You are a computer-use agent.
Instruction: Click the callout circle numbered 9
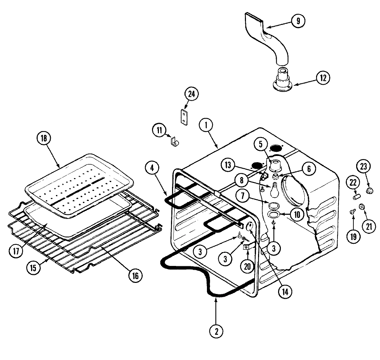298,21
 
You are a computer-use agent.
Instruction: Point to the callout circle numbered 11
159,130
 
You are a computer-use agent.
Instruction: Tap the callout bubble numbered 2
216,331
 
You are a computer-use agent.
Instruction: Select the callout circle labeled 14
284,291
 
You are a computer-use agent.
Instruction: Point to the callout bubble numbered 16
135,275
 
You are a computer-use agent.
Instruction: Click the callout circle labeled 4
153,168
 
